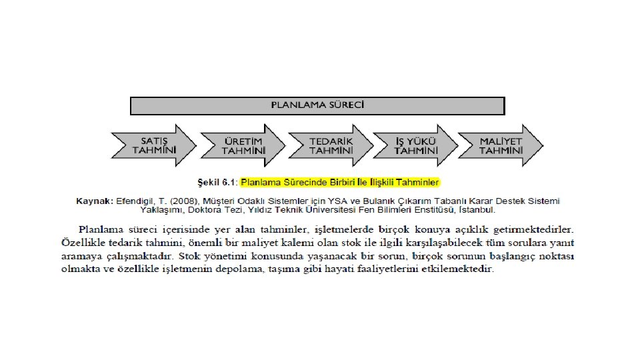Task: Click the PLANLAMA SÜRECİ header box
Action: pyautogui.click(x=317, y=105)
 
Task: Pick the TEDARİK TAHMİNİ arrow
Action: pyautogui.click(x=331, y=145)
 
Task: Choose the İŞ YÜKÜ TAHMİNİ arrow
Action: pyautogui.click(x=415, y=145)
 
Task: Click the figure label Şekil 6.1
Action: pyautogui.click(x=217, y=182)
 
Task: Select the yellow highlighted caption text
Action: pyautogui.click(x=340, y=182)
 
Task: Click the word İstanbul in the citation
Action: pyautogui.click(x=476, y=210)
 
